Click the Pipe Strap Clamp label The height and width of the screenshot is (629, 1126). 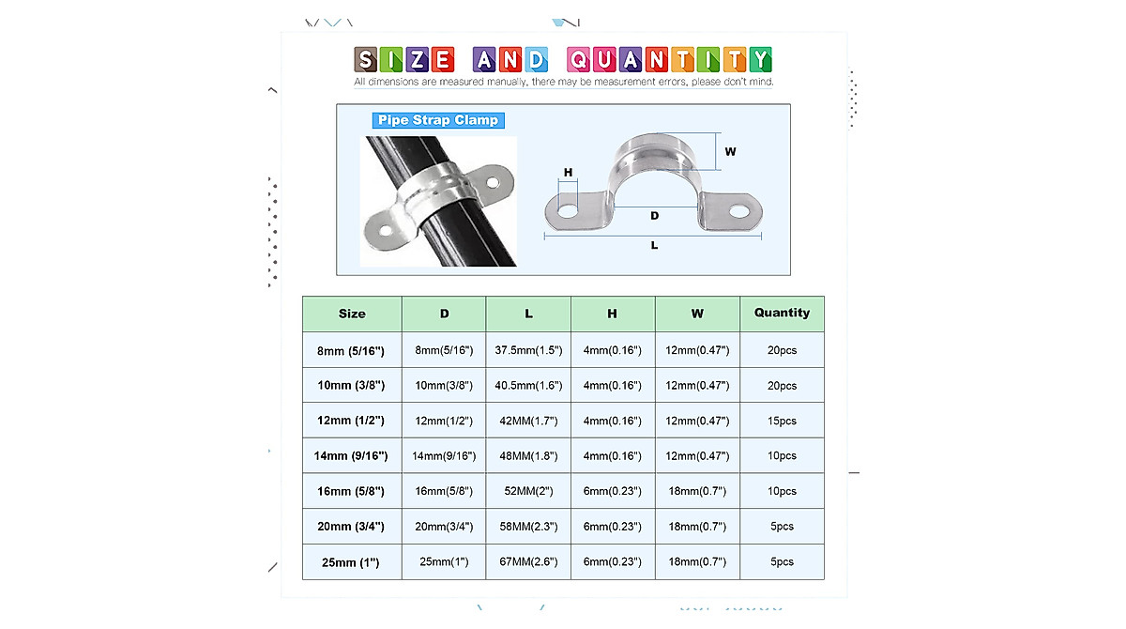click(x=438, y=120)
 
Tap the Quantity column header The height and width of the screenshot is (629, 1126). click(x=782, y=313)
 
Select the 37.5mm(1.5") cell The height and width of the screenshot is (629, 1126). click(x=528, y=350)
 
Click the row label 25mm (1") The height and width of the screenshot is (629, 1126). click(x=351, y=562)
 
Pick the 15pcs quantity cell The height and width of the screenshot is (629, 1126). click(x=782, y=421)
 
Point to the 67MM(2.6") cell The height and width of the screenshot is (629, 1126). click(x=528, y=562)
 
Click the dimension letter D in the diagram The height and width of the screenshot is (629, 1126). click(x=654, y=216)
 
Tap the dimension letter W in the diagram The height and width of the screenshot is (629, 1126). click(x=730, y=151)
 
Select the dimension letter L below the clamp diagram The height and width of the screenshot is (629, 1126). click(x=654, y=245)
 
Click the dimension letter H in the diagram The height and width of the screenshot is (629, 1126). click(x=569, y=173)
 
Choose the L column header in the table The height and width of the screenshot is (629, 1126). click(x=528, y=314)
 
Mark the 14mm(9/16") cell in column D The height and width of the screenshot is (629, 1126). click(x=444, y=456)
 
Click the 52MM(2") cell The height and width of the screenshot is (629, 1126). click(x=528, y=491)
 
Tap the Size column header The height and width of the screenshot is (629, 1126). click(x=352, y=314)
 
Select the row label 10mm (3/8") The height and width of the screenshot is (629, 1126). click(x=351, y=386)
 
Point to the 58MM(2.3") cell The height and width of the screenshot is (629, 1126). click(x=528, y=527)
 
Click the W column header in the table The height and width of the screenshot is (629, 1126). click(x=697, y=314)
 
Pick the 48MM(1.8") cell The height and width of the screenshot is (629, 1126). click(x=528, y=456)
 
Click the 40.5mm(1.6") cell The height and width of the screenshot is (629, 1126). click(x=528, y=386)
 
